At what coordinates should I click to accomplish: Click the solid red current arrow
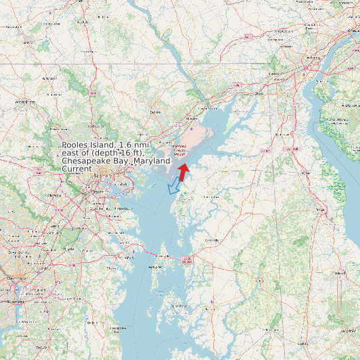pyautogui.click(x=183, y=171)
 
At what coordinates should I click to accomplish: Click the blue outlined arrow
pyautogui.click(x=175, y=187)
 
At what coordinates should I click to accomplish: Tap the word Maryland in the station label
pyautogui.click(x=152, y=161)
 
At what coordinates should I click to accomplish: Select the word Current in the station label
pyautogui.click(x=76, y=169)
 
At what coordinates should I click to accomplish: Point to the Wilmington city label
pyautogui.click(x=310, y=64)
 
